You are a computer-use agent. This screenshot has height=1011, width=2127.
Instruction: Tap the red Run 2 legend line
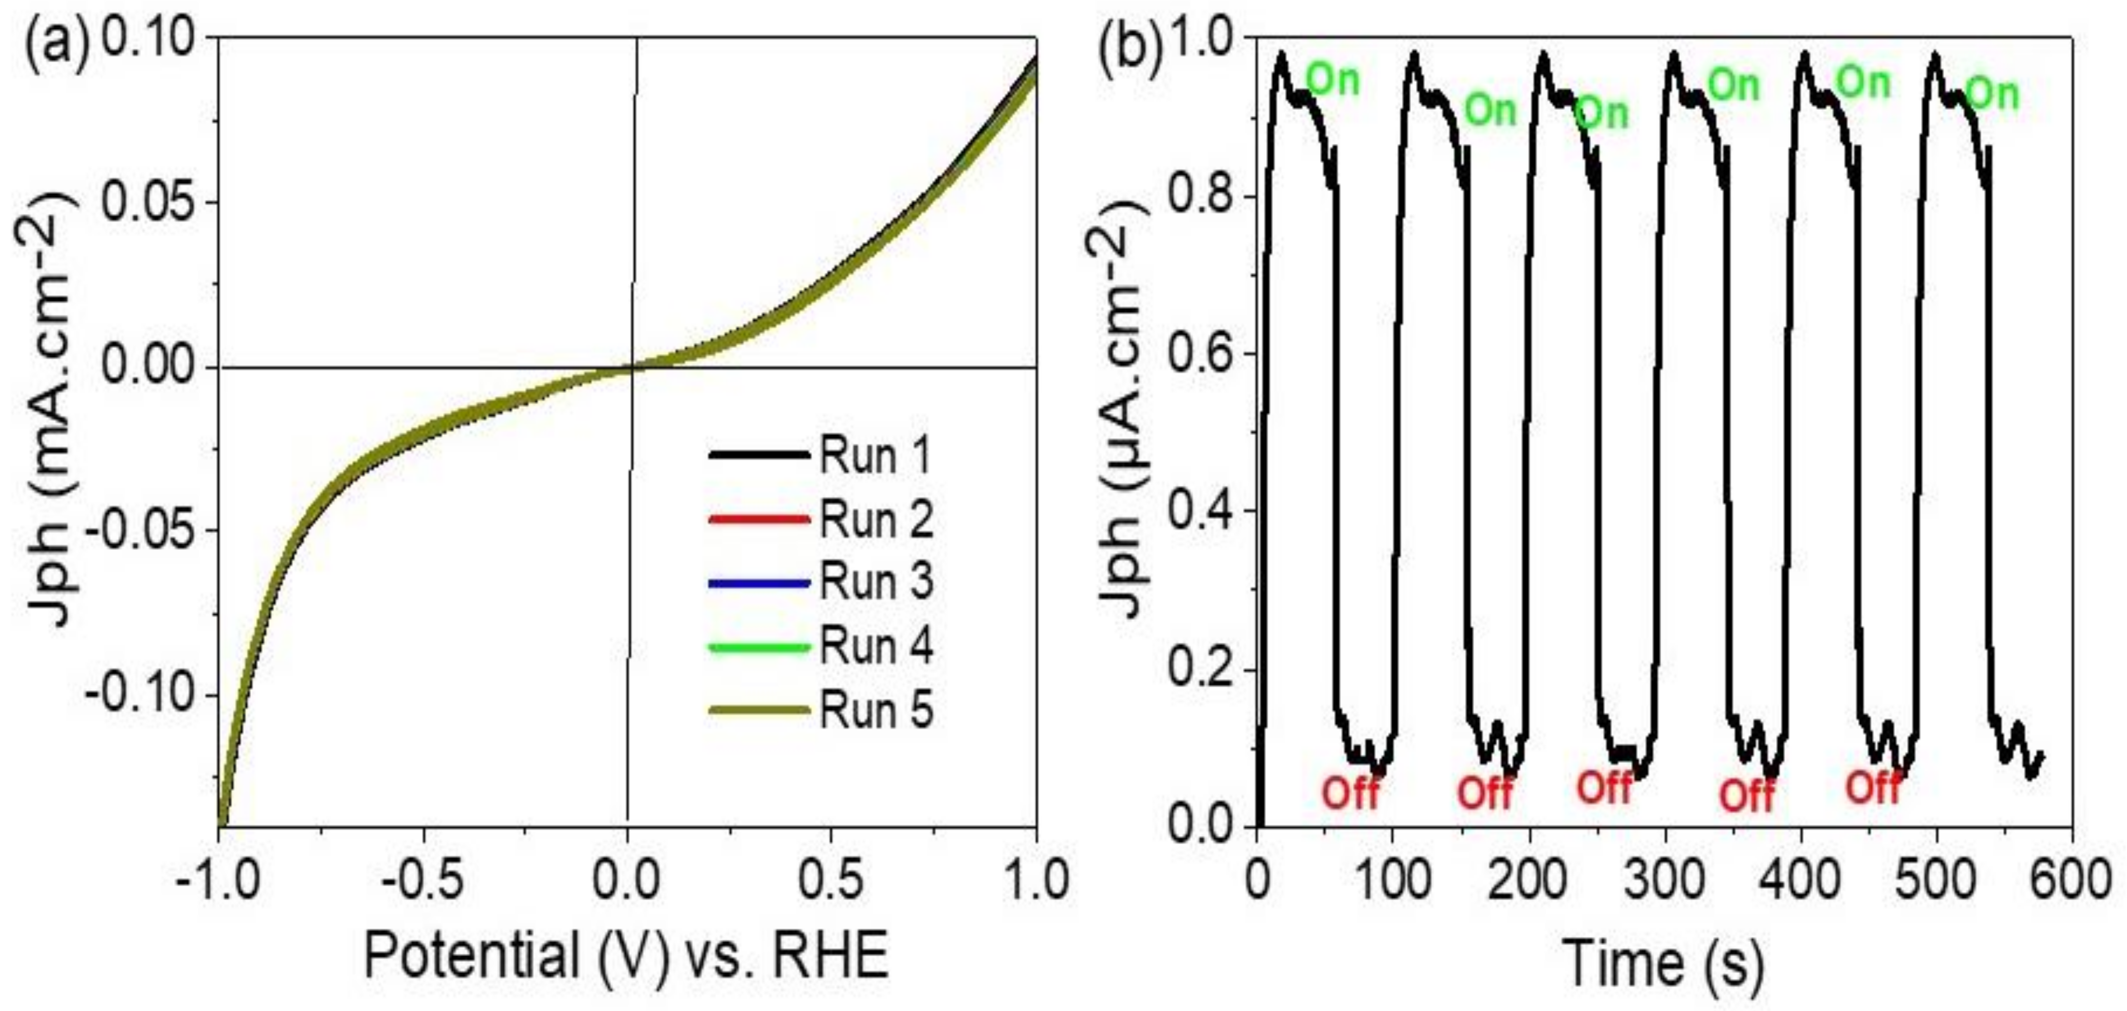point(759,519)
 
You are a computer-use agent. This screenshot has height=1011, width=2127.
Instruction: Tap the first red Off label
point(1351,794)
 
